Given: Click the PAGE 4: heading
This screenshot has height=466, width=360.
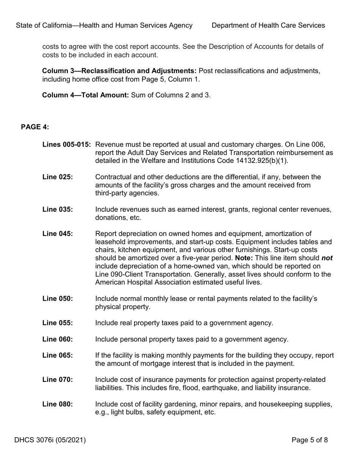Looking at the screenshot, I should tap(35, 127).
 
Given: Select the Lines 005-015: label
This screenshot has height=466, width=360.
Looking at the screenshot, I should tap(66, 145).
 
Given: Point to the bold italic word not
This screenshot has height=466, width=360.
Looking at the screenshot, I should tap(327, 258).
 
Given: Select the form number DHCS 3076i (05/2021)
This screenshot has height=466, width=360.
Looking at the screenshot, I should tap(50, 440).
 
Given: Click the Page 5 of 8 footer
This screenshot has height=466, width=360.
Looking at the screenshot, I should tap(310, 440).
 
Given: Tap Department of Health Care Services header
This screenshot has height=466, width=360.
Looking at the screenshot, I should tap(268, 25).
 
